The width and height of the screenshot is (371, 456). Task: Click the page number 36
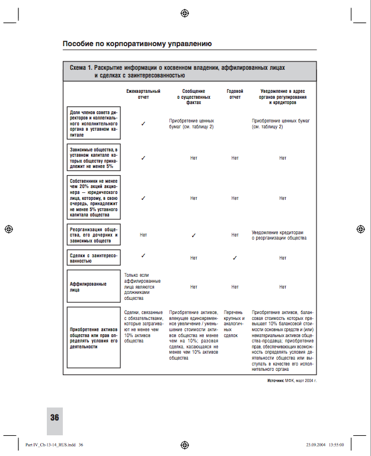click(55, 418)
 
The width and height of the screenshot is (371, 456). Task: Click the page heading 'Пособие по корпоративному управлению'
click(137, 44)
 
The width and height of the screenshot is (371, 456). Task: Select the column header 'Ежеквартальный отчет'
click(143, 94)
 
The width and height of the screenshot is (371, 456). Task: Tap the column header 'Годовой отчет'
click(235, 94)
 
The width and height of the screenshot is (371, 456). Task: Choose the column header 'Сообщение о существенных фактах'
click(193, 96)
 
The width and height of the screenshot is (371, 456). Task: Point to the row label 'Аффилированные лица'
click(88, 286)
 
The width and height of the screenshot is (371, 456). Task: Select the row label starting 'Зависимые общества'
click(94, 158)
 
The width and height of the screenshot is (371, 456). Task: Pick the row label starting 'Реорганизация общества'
click(94, 235)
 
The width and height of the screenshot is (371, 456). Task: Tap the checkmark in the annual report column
click(235, 257)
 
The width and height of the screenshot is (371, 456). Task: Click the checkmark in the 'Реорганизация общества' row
click(193, 235)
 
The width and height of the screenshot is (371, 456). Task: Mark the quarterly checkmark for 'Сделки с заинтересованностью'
click(143, 256)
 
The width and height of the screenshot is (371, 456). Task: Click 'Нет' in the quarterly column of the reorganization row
click(143, 235)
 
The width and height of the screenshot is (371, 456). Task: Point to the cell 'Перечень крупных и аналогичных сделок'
click(235, 323)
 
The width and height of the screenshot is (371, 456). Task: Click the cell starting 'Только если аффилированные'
click(142, 286)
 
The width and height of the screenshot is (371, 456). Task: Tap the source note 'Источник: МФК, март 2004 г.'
click(292, 381)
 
